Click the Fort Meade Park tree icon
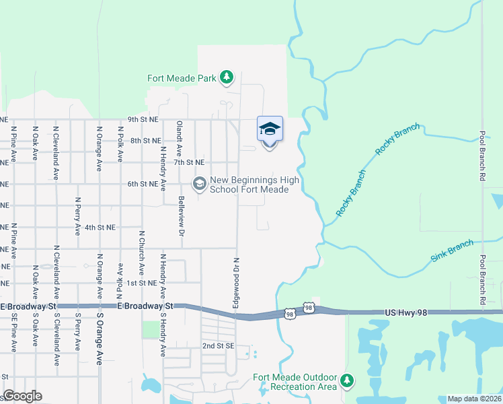[227, 77]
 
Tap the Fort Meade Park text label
[182, 78]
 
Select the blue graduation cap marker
[270, 129]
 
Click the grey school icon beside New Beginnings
[199, 183]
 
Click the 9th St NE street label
[143, 120]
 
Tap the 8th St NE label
[146, 141]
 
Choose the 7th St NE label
[189, 162]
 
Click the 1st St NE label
[142, 283]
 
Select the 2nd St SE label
[218, 345]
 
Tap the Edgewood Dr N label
[236, 282]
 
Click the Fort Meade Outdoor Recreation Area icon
[347, 381]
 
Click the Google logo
[22, 396]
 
